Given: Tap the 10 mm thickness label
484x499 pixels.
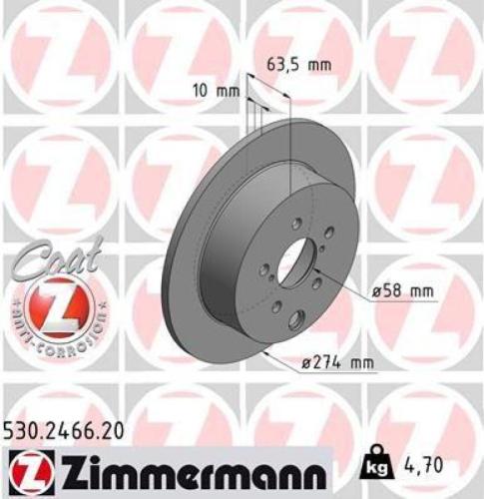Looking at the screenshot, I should [x=221, y=90].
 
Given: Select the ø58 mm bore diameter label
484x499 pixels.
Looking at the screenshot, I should [x=404, y=291].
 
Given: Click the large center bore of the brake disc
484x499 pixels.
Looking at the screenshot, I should [x=294, y=264].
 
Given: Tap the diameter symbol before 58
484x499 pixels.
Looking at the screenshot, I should [x=377, y=291].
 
